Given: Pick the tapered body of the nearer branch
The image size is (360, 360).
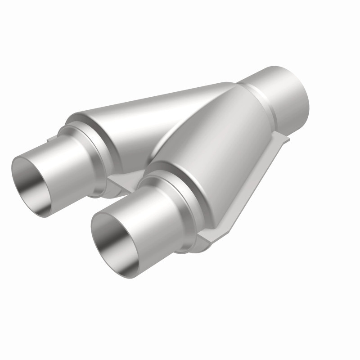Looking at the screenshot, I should coord(216,148).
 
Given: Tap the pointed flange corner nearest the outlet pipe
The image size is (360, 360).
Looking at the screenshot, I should coord(288,139).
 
